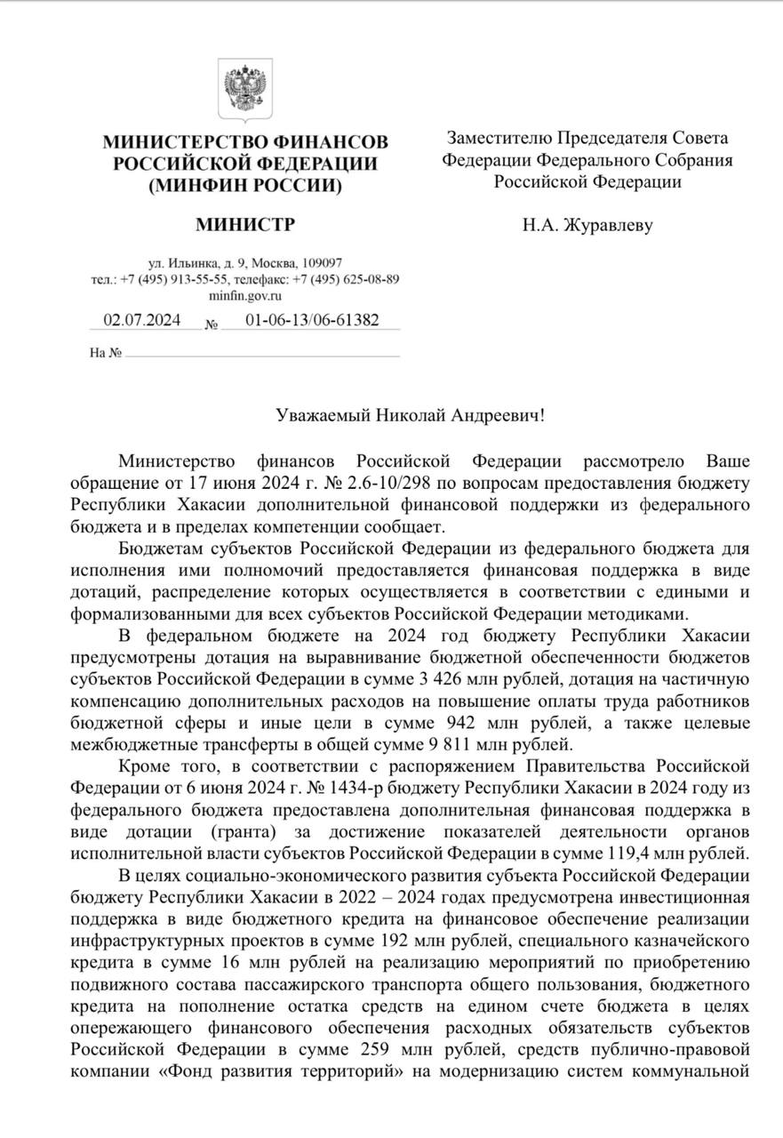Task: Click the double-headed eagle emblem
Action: pos(245,92)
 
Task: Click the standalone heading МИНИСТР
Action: pos(245,224)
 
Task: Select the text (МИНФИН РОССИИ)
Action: pos(245,186)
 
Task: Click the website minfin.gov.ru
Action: pos(245,295)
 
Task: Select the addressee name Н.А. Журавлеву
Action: pos(587,225)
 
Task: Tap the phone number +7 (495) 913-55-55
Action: pos(172,279)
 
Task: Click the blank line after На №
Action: pos(262,354)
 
